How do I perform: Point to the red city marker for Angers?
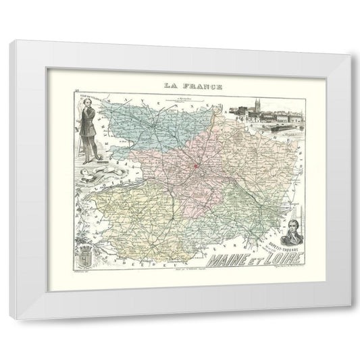197,165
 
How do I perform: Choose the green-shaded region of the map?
233,203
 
